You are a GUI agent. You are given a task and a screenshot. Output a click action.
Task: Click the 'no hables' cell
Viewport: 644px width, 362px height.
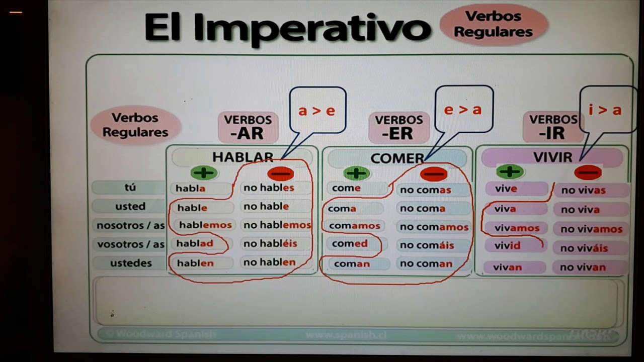(269, 188)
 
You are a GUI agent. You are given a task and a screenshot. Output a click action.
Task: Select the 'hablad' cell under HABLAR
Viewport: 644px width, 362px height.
(195, 244)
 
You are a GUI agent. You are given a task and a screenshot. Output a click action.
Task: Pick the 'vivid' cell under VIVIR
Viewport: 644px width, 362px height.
(508, 246)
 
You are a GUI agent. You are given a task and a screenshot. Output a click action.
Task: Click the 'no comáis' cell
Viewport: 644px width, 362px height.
(427, 245)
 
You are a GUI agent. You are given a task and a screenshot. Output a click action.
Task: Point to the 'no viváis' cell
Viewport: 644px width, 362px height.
(584, 248)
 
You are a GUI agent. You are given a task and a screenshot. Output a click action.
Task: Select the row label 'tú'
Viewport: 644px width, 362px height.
(130, 188)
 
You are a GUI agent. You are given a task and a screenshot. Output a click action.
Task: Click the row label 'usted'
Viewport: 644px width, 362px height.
(130, 206)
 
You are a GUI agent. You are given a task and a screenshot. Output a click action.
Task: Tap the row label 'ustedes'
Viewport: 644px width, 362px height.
(130, 262)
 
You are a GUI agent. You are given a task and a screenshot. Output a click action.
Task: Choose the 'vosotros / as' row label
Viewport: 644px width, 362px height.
(130, 244)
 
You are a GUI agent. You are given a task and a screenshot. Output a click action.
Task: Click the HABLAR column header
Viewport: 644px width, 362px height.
(243, 157)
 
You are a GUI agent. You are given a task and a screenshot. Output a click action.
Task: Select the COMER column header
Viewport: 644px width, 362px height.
(397, 158)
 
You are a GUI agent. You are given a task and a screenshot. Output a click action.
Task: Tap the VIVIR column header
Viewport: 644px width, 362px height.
(552, 157)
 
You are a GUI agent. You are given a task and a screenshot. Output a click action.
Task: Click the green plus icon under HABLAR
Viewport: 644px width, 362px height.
(204, 173)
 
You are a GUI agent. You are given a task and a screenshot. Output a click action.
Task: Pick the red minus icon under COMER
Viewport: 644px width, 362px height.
(433, 174)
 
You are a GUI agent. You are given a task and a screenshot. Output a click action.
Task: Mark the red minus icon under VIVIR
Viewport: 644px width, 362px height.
(588, 173)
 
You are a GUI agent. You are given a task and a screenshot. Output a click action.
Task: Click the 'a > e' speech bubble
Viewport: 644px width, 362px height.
(317, 111)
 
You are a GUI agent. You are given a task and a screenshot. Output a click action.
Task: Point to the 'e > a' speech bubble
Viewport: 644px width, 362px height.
(463, 109)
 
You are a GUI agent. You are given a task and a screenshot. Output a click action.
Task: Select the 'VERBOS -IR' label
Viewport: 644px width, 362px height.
(553, 127)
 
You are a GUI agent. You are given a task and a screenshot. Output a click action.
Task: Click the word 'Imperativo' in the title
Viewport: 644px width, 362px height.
(321, 28)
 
